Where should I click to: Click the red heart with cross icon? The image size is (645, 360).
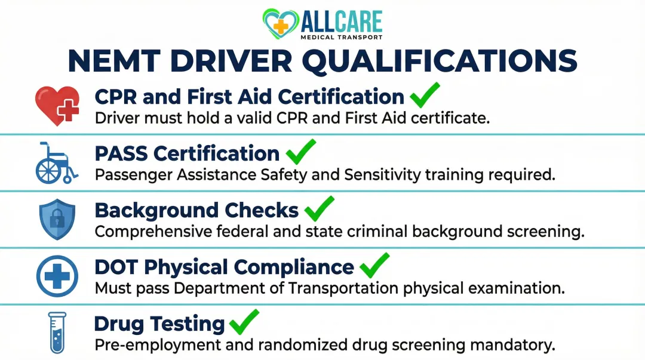pyautogui.click(x=57, y=105)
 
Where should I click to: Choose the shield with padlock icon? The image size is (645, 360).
pyautogui.click(x=57, y=219)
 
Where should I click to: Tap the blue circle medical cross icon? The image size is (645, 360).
pyautogui.click(x=57, y=275)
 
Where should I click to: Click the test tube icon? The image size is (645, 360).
pyautogui.click(x=57, y=332)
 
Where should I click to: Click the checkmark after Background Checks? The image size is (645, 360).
pyautogui.click(x=319, y=208)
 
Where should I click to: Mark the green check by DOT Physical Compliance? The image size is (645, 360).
pyautogui.click(x=374, y=265)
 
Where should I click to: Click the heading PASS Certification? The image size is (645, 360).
pyautogui.click(x=187, y=153)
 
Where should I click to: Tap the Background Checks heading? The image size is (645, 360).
pyautogui.click(x=196, y=210)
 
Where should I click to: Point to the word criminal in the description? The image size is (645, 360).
pyautogui.click(x=403, y=232)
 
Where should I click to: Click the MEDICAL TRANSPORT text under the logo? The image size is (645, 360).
pyautogui.click(x=342, y=37)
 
